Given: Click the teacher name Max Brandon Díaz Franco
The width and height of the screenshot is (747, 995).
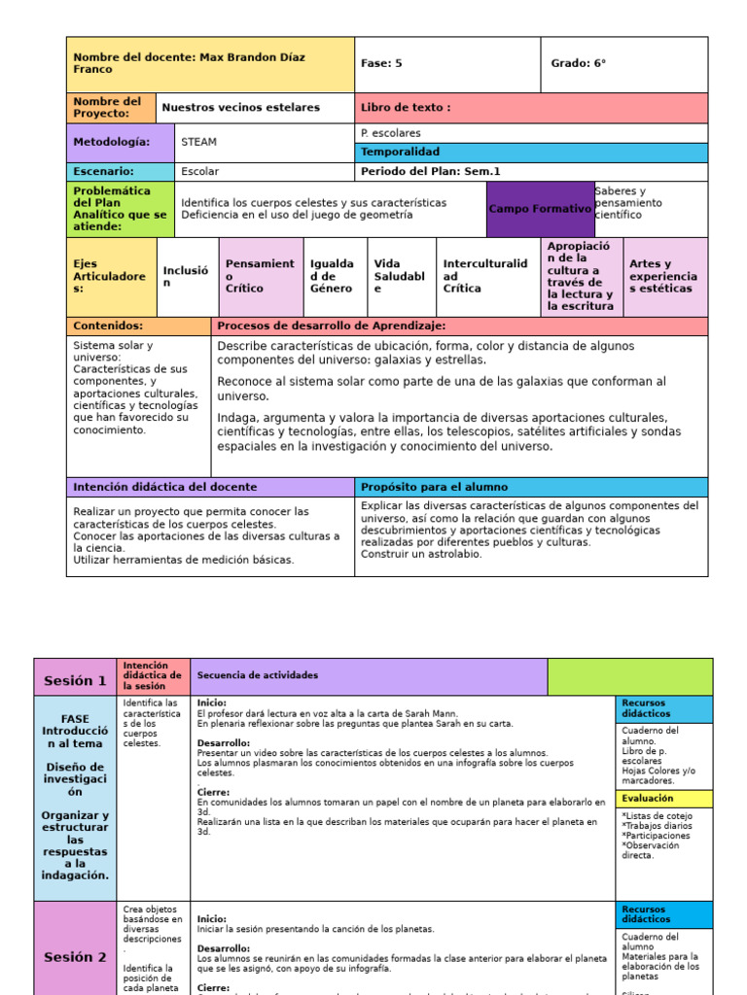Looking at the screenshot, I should (x=189, y=63).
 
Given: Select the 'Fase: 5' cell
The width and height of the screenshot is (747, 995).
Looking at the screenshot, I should (x=381, y=63).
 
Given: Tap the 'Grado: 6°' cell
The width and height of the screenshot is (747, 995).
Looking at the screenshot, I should (x=578, y=63).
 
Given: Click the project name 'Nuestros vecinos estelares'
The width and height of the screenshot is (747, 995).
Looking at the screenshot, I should (x=240, y=108).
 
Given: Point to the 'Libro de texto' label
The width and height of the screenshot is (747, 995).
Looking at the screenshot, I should (x=406, y=108).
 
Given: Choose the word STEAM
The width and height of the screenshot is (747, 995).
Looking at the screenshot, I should (x=198, y=142).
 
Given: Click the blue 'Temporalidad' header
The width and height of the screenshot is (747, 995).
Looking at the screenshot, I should (x=400, y=152).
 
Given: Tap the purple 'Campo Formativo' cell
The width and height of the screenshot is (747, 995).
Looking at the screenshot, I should (x=540, y=209).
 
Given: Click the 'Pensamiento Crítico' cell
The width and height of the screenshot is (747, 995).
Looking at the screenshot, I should (x=260, y=276).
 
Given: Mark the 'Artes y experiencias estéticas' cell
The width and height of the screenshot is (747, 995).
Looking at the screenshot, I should (x=663, y=276).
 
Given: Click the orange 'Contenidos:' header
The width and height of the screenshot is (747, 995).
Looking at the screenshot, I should (x=108, y=326).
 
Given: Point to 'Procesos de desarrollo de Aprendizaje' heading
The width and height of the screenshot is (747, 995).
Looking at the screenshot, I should (x=332, y=326).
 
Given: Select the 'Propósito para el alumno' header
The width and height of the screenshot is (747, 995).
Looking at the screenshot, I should (x=434, y=487).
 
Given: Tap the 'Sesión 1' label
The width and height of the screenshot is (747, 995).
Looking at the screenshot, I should (x=75, y=680).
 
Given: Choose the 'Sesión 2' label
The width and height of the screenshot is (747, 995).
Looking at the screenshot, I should (x=75, y=957).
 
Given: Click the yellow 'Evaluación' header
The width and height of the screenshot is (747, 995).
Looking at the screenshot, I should (x=648, y=798).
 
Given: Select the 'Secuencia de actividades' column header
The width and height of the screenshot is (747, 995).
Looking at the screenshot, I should (x=257, y=675).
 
